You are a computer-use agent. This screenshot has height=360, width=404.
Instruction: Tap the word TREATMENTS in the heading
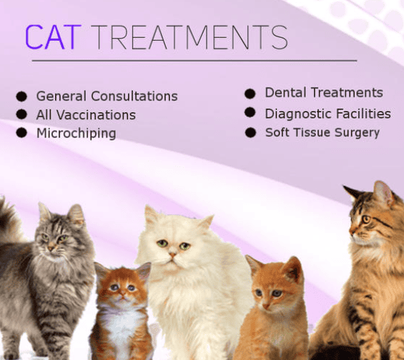[x=190, y=37]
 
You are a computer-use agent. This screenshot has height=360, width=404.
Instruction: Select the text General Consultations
[x=107, y=96]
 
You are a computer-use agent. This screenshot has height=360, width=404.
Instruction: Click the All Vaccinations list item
[x=86, y=115]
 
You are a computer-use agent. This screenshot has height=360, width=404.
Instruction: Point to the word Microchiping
[x=76, y=134]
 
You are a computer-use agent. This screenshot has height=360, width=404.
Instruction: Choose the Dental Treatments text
[x=324, y=93]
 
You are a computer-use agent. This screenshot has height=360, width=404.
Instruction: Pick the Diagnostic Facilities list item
[x=327, y=114]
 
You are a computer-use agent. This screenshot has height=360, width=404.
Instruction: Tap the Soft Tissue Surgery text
[x=322, y=132]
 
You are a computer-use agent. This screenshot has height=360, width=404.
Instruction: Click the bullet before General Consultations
[x=21, y=96]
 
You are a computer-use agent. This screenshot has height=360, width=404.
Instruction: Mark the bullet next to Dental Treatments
[x=250, y=94]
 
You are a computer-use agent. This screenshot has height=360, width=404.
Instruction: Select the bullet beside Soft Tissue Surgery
[x=250, y=132]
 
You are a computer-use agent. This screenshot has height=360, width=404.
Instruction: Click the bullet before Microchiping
[x=21, y=133]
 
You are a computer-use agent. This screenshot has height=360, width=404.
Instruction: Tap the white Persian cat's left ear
[x=151, y=215]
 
